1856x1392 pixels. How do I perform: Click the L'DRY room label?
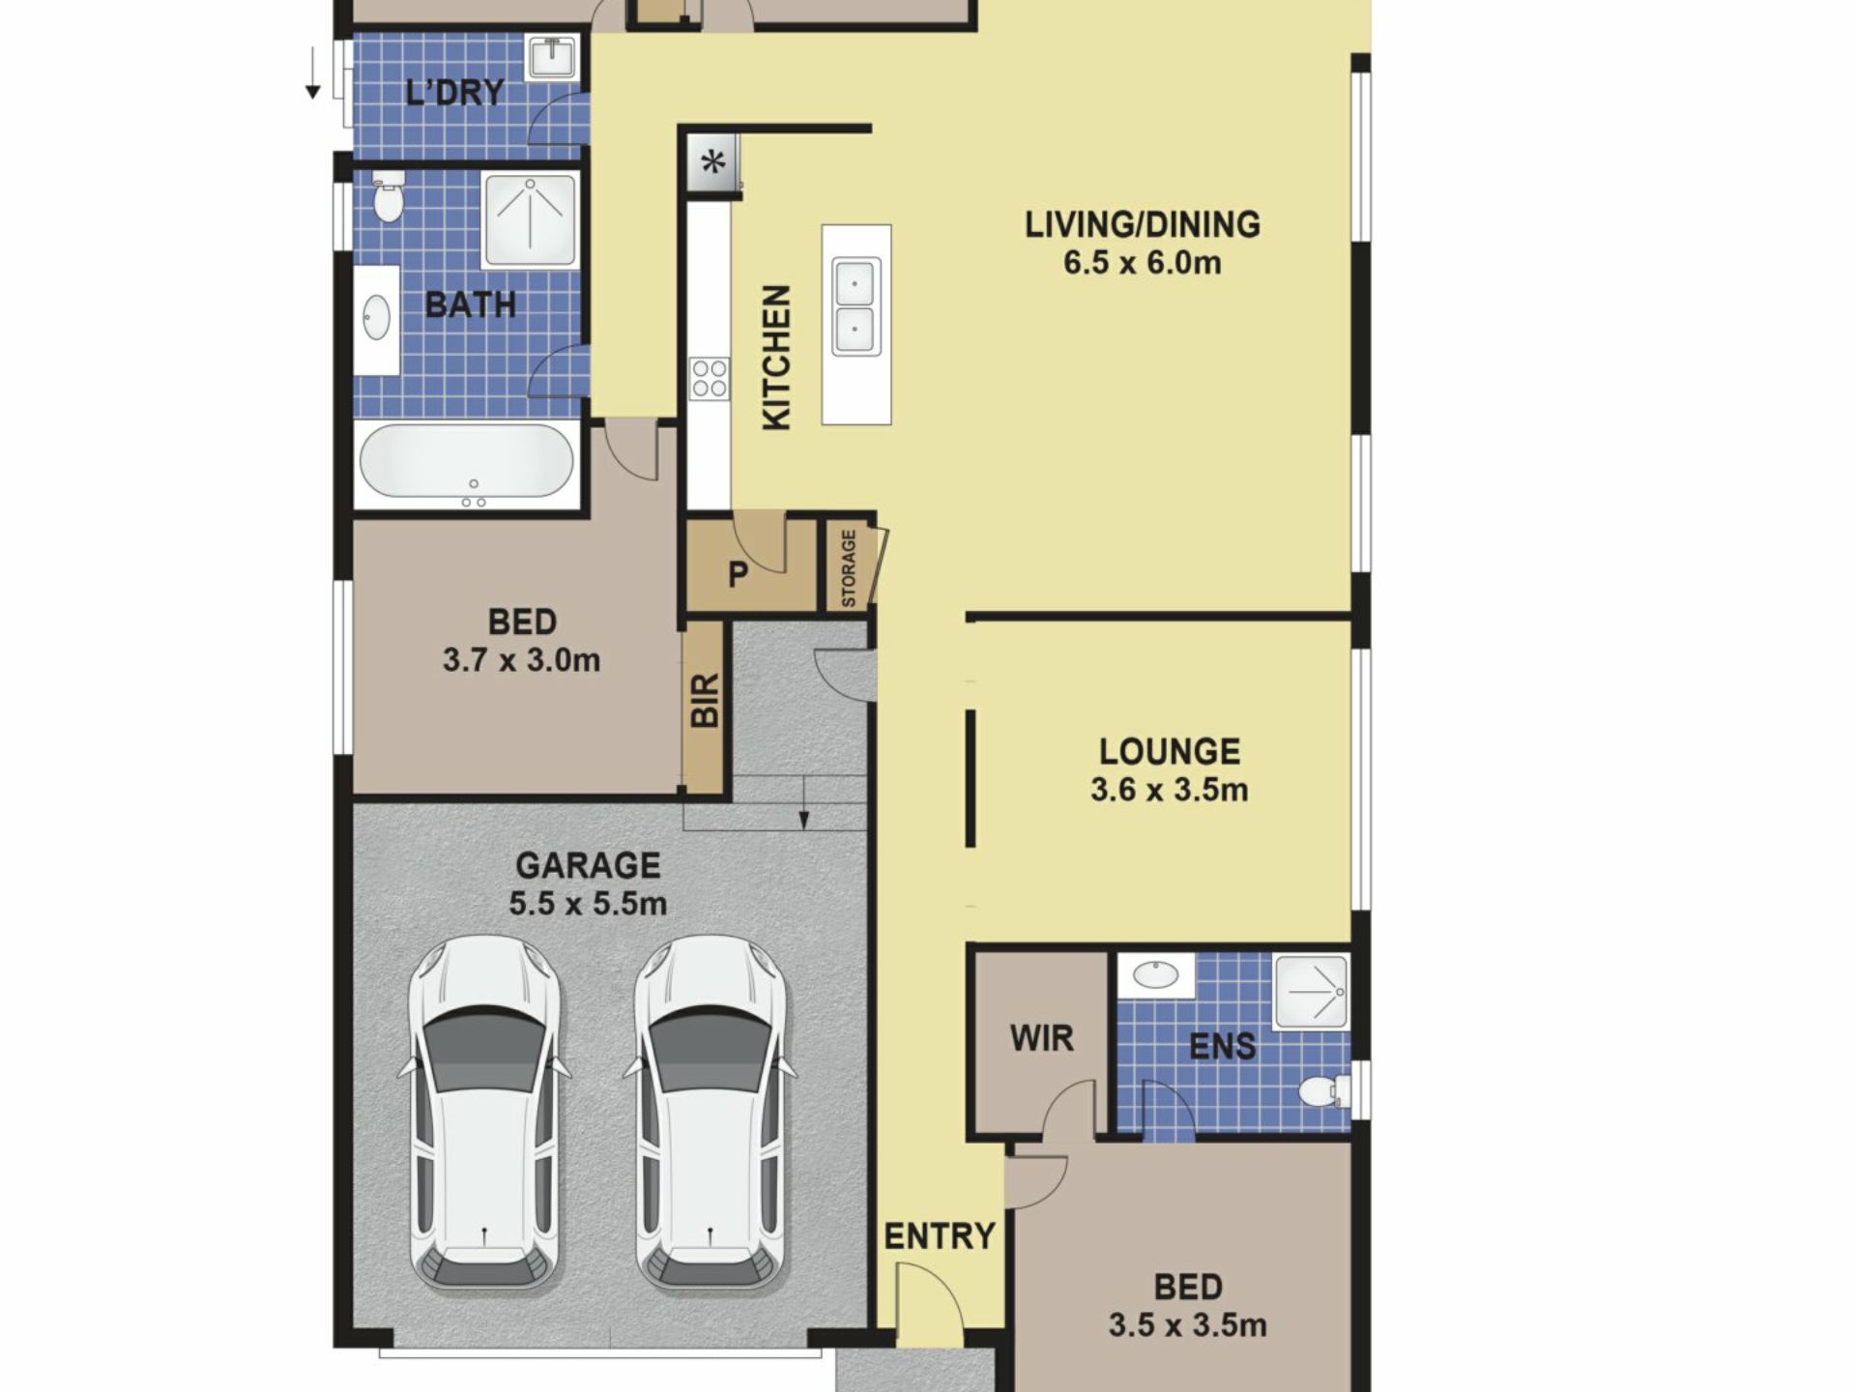click(x=455, y=92)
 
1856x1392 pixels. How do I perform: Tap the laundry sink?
click(x=552, y=57)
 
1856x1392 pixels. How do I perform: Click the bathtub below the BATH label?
click(x=467, y=463)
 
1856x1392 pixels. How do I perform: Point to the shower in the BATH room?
click(x=530, y=219)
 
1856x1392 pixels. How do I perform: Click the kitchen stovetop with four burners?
click(x=709, y=378)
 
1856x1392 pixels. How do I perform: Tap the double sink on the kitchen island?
click(x=856, y=306)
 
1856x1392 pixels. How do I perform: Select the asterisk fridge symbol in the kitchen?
click(x=713, y=161)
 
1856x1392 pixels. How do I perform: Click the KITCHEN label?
click(x=776, y=357)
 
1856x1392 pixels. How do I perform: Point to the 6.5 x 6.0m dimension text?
click(x=1143, y=263)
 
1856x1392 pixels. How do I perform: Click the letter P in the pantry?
click(x=738, y=575)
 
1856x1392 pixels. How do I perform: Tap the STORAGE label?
click(x=849, y=568)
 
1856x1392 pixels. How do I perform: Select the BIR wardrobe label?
click(x=705, y=700)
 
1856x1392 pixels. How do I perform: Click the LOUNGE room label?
click(x=1170, y=752)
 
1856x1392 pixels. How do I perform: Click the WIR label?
click(x=1041, y=1038)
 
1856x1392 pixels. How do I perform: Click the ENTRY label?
click(x=940, y=1236)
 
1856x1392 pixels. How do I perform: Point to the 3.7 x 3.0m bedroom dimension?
click(x=522, y=661)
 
